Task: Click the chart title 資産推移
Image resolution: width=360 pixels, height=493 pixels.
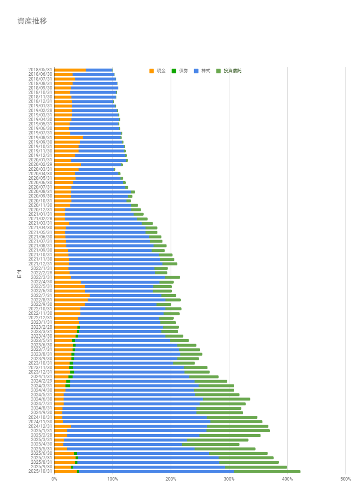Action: [32, 21]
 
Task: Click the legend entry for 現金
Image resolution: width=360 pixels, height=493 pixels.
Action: [157, 71]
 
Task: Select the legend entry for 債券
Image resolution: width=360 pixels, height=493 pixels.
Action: [180, 71]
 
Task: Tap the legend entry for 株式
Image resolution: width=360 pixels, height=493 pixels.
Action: [202, 71]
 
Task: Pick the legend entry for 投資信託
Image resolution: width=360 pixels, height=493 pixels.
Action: [229, 71]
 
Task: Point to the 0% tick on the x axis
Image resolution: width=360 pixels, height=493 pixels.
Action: [54, 479]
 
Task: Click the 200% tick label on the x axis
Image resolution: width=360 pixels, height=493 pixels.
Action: [171, 479]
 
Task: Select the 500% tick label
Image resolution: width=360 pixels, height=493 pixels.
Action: [345, 479]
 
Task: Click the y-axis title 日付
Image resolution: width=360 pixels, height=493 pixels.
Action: [19, 274]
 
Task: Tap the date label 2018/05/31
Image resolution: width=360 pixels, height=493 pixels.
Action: [40, 70]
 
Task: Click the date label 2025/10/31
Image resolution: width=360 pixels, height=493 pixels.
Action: [40, 471]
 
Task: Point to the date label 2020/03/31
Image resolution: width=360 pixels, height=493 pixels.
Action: [40, 169]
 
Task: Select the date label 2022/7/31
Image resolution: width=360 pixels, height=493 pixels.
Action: [42, 296]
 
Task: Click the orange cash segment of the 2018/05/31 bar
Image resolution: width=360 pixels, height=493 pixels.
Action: [70, 70]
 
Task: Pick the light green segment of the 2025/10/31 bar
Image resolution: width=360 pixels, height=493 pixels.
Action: [267, 471]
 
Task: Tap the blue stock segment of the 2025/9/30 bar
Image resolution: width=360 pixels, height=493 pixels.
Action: [149, 467]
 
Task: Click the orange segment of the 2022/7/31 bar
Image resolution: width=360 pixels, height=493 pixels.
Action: [72, 296]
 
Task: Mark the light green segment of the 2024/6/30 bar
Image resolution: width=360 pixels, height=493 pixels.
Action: [226, 399]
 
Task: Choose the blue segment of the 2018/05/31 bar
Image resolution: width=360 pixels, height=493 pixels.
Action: [99, 70]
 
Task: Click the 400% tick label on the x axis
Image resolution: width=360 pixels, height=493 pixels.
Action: [287, 479]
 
